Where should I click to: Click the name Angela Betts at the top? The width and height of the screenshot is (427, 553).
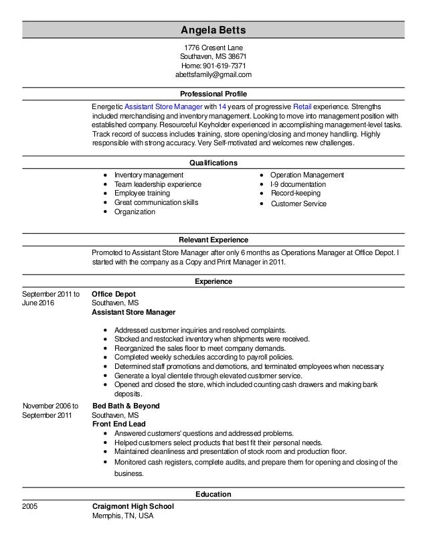coord(213,30)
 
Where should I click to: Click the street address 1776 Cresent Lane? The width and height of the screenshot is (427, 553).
coord(213,48)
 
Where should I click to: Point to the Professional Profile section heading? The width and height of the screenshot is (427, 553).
coord(213,94)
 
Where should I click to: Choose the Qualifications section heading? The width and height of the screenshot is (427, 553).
coord(213,163)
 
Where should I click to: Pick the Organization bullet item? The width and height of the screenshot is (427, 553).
coord(135,212)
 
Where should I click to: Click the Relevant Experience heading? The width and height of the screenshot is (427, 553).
coord(213,240)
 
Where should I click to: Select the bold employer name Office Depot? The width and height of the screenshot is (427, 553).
coord(114,293)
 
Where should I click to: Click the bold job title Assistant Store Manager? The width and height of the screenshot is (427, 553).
coord(133,312)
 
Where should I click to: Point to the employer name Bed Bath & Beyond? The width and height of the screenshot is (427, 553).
coord(125,406)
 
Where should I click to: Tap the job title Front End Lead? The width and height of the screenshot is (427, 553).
coord(119,424)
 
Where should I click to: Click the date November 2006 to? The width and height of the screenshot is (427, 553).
coord(51,406)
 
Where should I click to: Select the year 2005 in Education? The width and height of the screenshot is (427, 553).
coord(30,507)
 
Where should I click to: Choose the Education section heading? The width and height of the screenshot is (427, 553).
coord(213,494)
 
